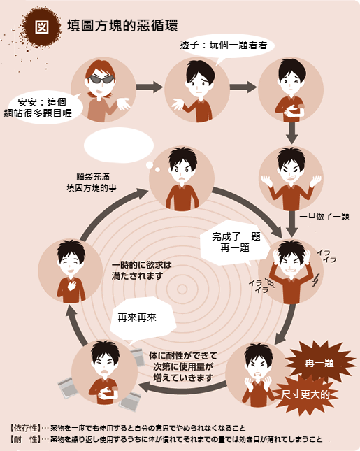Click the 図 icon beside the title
click(42, 27)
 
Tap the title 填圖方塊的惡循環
click(122, 25)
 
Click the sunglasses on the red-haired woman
click(101, 79)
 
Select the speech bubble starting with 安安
click(43, 108)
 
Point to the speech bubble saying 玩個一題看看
click(225, 45)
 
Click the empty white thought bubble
click(118, 145)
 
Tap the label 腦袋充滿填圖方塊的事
click(92, 182)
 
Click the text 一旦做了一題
click(324, 216)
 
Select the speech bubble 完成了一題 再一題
click(235, 242)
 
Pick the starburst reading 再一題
click(319, 363)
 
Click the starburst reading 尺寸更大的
click(305, 394)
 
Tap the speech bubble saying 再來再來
click(142, 318)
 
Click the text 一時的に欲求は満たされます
click(141, 270)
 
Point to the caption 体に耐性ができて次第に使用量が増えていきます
click(183, 366)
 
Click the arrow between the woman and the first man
click(149, 87)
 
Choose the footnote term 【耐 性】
click(25, 439)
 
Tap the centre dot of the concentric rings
click(182, 289)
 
